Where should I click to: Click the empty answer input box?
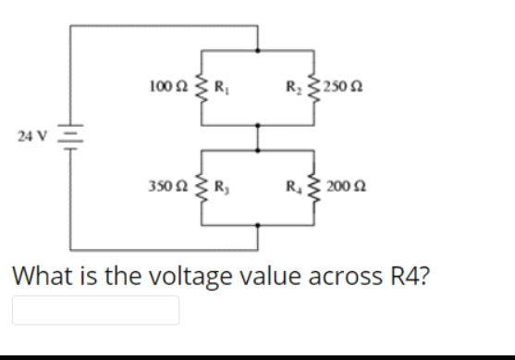(95, 310)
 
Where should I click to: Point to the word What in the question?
(37, 276)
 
